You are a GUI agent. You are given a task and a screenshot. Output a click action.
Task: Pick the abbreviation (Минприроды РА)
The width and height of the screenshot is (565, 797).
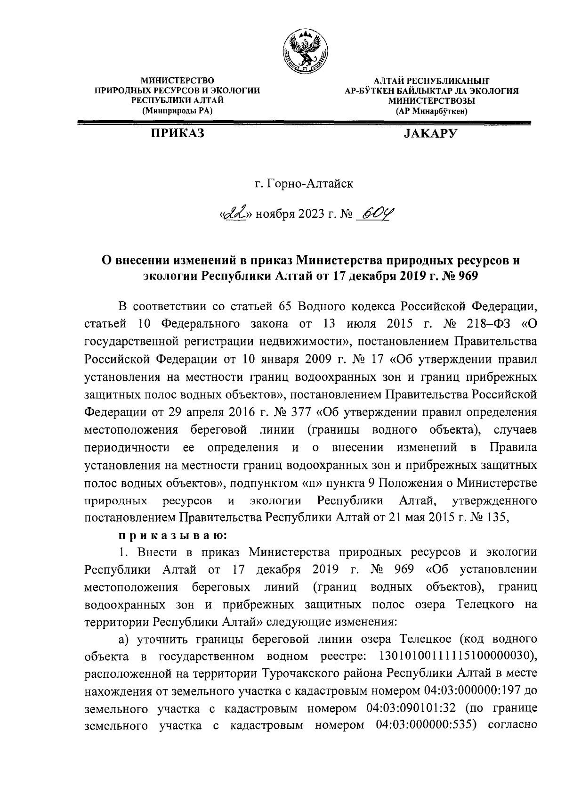tap(178, 111)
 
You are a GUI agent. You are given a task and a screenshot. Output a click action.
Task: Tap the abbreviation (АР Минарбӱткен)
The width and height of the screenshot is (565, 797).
tap(432, 111)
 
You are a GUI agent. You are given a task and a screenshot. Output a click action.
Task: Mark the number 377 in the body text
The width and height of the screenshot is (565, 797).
tap(299, 412)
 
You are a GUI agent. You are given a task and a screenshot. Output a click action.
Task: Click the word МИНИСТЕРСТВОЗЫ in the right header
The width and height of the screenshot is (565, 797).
tap(432, 100)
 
